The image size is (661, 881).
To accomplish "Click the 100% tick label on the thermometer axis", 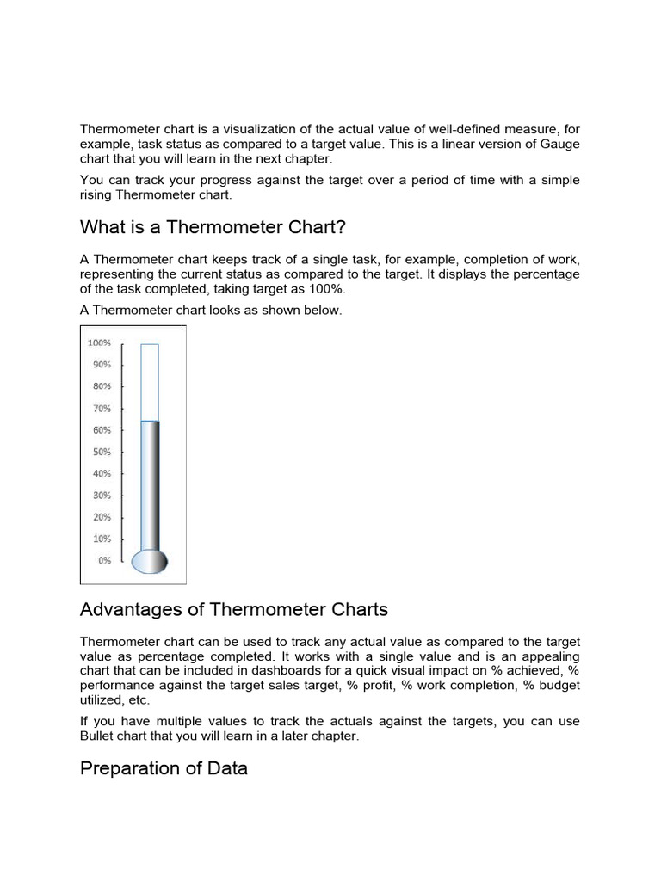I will [x=99, y=342].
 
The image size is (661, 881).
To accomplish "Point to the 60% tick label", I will [x=102, y=430].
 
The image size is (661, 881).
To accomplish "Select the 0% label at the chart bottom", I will [x=104, y=560].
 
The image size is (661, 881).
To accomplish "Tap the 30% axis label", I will [x=102, y=496].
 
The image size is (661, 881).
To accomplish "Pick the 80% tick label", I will [x=102, y=386].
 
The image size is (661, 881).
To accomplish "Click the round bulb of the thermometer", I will [x=150, y=561].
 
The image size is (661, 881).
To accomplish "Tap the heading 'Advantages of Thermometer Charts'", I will [x=233, y=610].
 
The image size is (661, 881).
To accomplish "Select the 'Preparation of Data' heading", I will [x=164, y=768].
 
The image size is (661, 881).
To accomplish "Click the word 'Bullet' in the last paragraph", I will [x=97, y=736].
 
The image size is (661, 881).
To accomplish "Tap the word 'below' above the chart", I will [x=323, y=310].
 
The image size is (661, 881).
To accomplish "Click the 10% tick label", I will [x=102, y=539].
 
